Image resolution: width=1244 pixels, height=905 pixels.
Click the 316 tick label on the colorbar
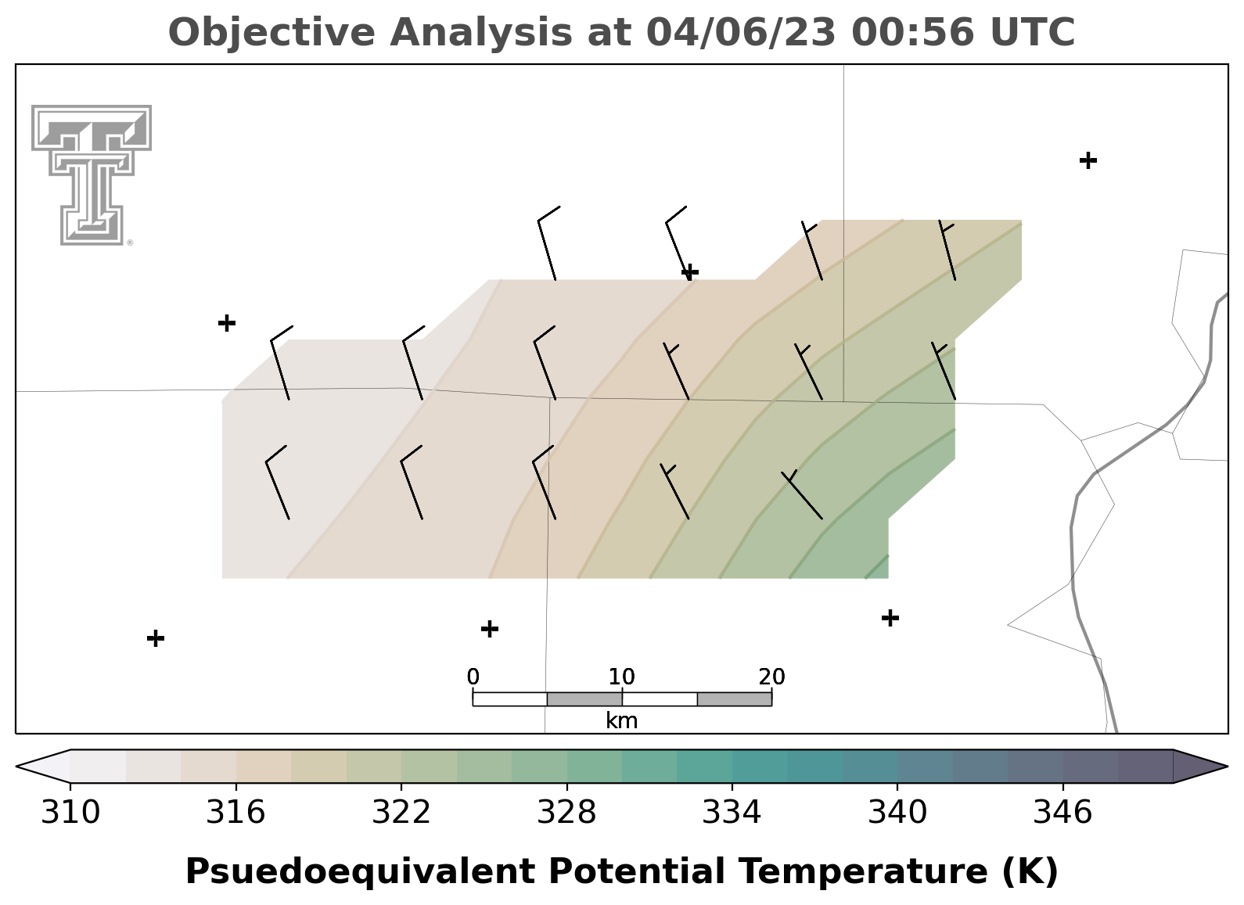(x=235, y=812)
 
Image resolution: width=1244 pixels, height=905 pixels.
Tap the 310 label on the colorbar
(x=70, y=812)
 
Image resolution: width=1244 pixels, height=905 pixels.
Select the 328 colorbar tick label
(x=566, y=812)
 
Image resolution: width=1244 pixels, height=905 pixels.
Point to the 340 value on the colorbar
(x=897, y=812)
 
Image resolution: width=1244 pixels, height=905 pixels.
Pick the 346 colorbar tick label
(x=1062, y=812)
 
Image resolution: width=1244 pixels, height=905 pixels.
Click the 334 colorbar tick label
(x=732, y=812)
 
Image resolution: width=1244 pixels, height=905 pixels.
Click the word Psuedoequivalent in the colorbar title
(x=361, y=871)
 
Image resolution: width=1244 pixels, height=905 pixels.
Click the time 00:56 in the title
(x=912, y=32)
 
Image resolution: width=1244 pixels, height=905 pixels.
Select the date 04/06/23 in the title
(x=741, y=32)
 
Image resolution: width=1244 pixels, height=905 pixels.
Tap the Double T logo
(x=92, y=175)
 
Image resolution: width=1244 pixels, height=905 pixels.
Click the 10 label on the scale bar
(x=621, y=677)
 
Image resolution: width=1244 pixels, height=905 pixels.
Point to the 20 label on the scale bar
(x=772, y=677)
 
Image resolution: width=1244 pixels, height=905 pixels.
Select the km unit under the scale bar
(x=621, y=720)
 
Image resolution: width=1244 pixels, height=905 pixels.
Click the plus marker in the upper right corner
(x=1088, y=160)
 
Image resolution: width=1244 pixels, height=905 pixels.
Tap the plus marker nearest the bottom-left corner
(x=156, y=638)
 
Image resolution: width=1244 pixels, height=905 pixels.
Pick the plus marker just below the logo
(x=227, y=322)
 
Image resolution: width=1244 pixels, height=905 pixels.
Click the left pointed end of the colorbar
(x=16, y=767)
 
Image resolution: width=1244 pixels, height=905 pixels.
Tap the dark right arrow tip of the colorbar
(x=1227, y=767)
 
